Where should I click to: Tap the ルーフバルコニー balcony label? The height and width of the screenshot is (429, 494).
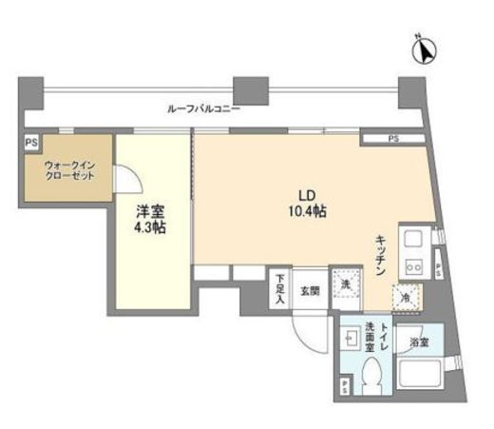(x=202, y=108)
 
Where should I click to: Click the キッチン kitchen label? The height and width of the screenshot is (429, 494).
(x=379, y=254)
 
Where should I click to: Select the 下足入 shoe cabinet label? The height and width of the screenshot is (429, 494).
(x=280, y=288)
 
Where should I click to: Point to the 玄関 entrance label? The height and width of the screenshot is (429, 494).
(x=310, y=289)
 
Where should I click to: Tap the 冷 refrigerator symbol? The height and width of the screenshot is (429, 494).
(x=405, y=297)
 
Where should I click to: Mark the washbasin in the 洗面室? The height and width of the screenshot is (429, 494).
(x=354, y=339)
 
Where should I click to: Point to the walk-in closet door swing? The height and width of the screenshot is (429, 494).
(x=126, y=179)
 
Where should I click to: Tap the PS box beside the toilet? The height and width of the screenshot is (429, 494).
(x=344, y=385)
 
